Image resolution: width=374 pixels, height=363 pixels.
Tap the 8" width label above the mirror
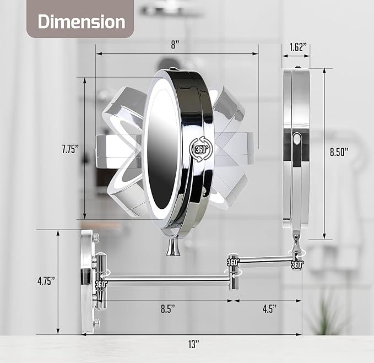(x=176, y=45)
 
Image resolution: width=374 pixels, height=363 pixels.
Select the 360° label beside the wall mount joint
(x=101, y=284)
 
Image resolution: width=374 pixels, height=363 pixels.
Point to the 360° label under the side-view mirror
(x=297, y=264)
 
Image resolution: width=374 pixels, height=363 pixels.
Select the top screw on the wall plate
(x=96, y=237)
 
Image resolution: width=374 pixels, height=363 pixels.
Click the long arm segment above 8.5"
(x=165, y=279)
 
